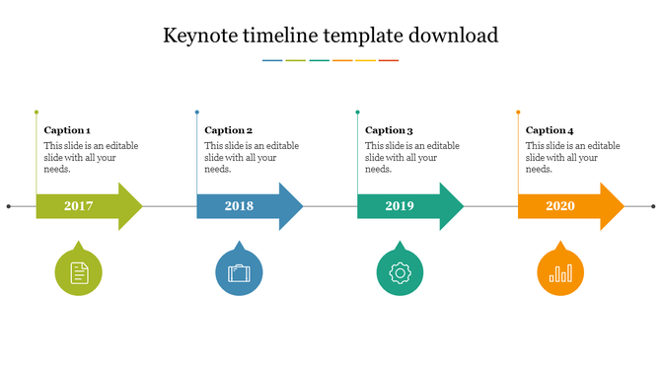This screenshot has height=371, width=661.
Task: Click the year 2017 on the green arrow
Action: (x=78, y=206)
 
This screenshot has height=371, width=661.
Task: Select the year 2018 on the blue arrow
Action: (x=239, y=206)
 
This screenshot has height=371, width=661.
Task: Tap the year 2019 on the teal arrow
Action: (x=400, y=206)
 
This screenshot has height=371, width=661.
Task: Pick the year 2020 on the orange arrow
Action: (x=559, y=206)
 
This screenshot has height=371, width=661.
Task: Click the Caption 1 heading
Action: (x=67, y=130)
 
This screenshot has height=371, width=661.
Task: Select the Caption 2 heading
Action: (x=228, y=130)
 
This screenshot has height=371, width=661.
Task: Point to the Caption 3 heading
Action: (x=389, y=130)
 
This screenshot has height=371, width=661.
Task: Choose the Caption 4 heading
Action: (x=550, y=130)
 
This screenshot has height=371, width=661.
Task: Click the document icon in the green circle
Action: (x=78, y=272)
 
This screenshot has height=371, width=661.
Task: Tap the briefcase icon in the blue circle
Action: (x=239, y=272)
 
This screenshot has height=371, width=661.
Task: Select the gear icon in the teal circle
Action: (x=400, y=272)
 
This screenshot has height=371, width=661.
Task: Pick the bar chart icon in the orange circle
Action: (x=559, y=272)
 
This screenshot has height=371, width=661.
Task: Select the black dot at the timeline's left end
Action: (x=9, y=206)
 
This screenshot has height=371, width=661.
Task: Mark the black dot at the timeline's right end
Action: (x=653, y=206)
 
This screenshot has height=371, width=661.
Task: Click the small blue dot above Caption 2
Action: (x=197, y=112)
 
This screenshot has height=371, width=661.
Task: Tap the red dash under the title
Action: (x=389, y=60)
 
